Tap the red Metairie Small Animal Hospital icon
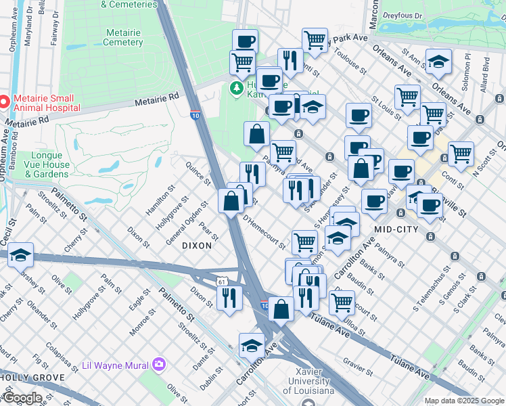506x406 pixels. click(x=5, y=102)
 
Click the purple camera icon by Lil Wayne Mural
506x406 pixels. click(x=159, y=365)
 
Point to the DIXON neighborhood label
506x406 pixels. click(x=196, y=246)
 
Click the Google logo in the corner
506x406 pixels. click(x=22, y=398)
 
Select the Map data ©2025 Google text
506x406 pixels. click(x=464, y=401)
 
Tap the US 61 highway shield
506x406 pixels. click(x=222, y=281)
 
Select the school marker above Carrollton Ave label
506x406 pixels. click(x=252, y=344)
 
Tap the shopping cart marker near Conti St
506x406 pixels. click(x=461, y=153)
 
